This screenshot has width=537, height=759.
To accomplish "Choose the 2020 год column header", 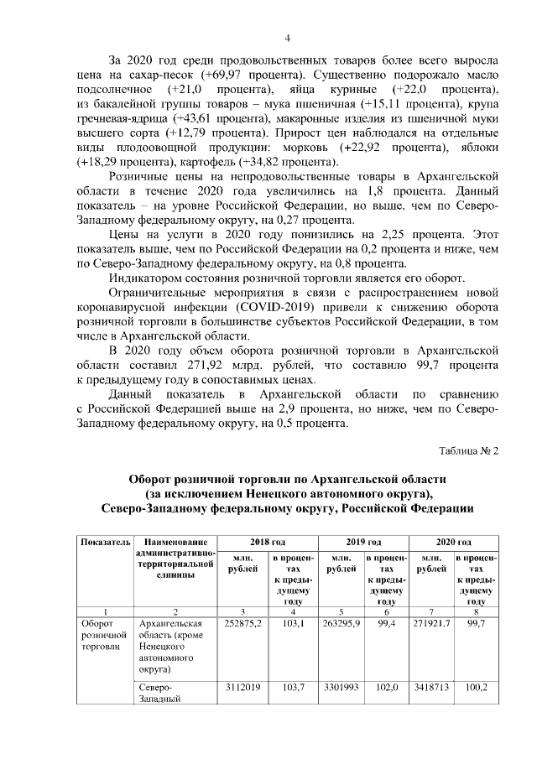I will point(454,543).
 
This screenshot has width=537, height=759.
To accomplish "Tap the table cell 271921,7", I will point(432,623).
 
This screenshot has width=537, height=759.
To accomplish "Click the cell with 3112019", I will point(243,687).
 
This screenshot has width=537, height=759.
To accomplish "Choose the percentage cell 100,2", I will point(476,687).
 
